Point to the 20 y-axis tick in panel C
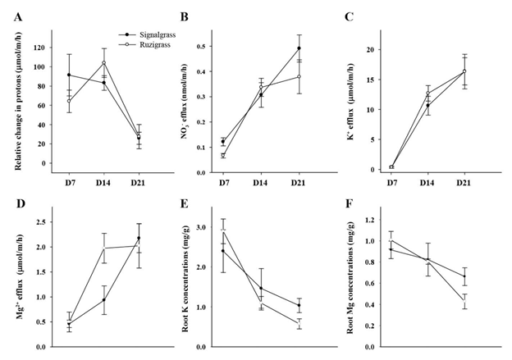[x=370, y=49]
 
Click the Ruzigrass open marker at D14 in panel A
[x=104, y=63]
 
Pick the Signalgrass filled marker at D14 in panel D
[x=104, y=300]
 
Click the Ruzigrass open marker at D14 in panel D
[x=104, y=248]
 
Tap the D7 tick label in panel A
[x=68, y=180]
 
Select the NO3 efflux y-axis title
[x=183, y=103]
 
